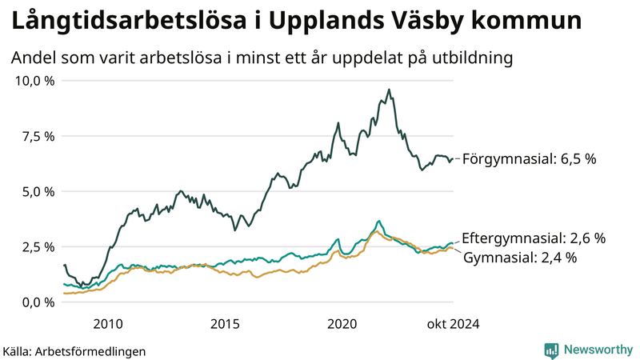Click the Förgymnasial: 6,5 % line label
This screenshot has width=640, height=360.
click(530, 159)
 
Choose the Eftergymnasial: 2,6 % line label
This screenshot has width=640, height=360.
click(534, 238)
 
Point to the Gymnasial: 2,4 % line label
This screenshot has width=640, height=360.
click(520, 258)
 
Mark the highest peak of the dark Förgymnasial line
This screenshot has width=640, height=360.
click(389, 90)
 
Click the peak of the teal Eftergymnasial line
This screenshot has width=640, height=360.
click(378, 221)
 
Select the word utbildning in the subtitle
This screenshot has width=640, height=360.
click(465, 58)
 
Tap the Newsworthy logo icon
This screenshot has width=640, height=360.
click(551, 350)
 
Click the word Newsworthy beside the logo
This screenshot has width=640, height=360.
click(597, 350)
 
